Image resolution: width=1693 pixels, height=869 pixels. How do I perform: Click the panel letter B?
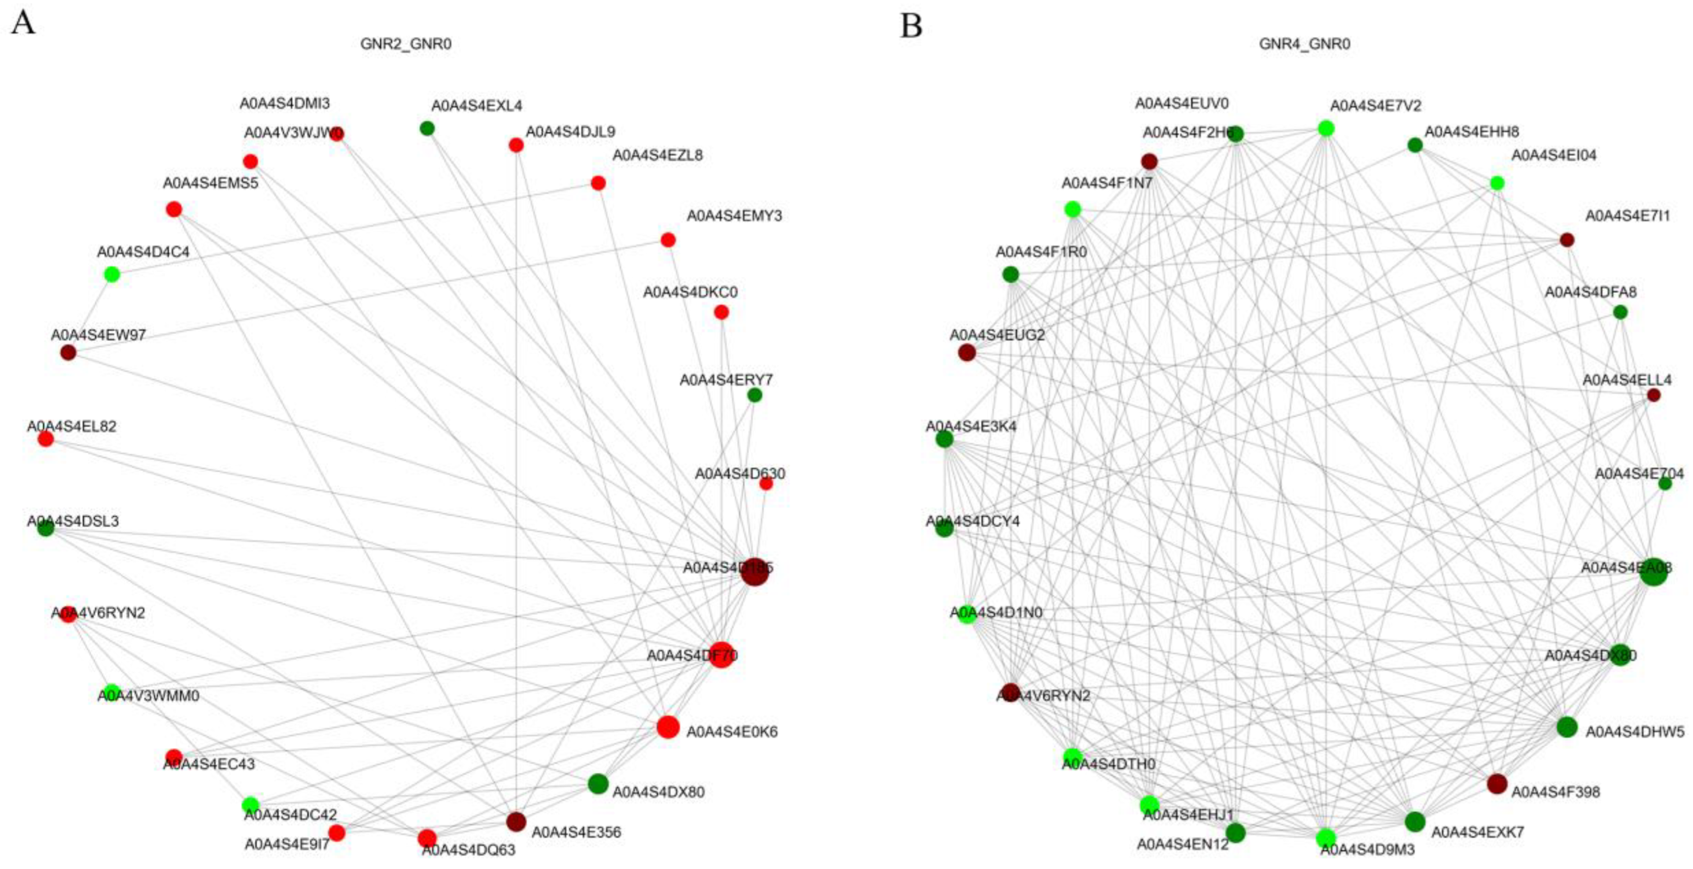[x=911, y=26]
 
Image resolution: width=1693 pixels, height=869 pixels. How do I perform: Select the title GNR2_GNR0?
[x=405, y=44]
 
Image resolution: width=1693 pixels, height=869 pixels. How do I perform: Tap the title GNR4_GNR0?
[x=1304, y=44]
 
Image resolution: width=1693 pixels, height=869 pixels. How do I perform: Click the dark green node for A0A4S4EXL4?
[x=427, y=128]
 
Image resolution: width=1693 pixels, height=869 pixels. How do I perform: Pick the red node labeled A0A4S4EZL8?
[x=598, y=183]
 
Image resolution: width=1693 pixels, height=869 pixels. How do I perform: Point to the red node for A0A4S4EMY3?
[x=668, y=240]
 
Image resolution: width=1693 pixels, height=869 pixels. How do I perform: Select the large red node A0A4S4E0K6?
[x=668, y=727]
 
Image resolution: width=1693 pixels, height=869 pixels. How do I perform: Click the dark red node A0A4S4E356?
[x=516, y=821]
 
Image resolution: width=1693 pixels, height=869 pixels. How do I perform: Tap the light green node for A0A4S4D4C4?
[x=112, y=274]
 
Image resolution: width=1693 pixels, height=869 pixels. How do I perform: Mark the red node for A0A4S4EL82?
[x=45, y=439]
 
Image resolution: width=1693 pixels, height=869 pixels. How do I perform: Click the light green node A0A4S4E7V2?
[x=1326, y=128]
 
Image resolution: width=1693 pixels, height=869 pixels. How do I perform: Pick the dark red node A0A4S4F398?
[x=1497, y=784]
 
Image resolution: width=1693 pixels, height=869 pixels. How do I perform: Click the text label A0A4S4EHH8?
[x=1471, y=132]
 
